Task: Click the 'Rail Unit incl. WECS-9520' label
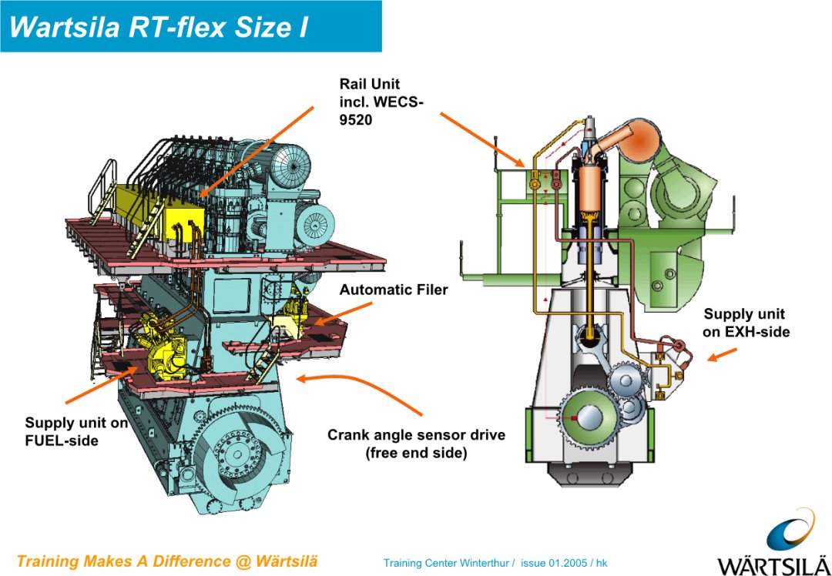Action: [x=381, y=102]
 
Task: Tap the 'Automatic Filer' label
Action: [x=393, y=290]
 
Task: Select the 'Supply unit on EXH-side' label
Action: [x=746, y=323]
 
